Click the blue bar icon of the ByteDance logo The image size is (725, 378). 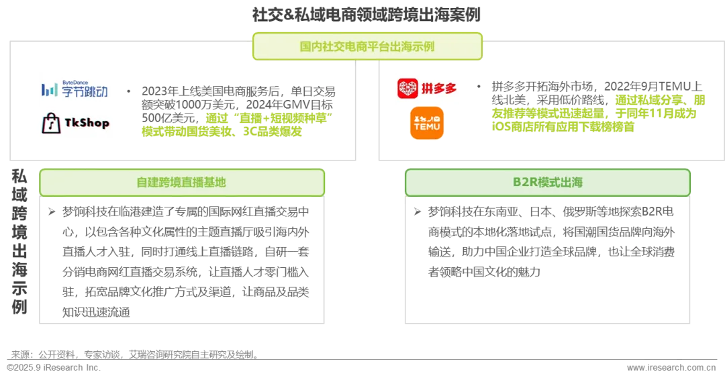point(49,90)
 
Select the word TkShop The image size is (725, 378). point(87,124)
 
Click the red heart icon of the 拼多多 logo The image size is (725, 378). point(408,89)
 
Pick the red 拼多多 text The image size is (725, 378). point(440,89)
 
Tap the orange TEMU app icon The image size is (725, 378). point(427,124)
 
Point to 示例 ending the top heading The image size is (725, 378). point(425,46)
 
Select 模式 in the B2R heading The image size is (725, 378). point(550,182)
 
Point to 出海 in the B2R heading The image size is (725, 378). point(573,182)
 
